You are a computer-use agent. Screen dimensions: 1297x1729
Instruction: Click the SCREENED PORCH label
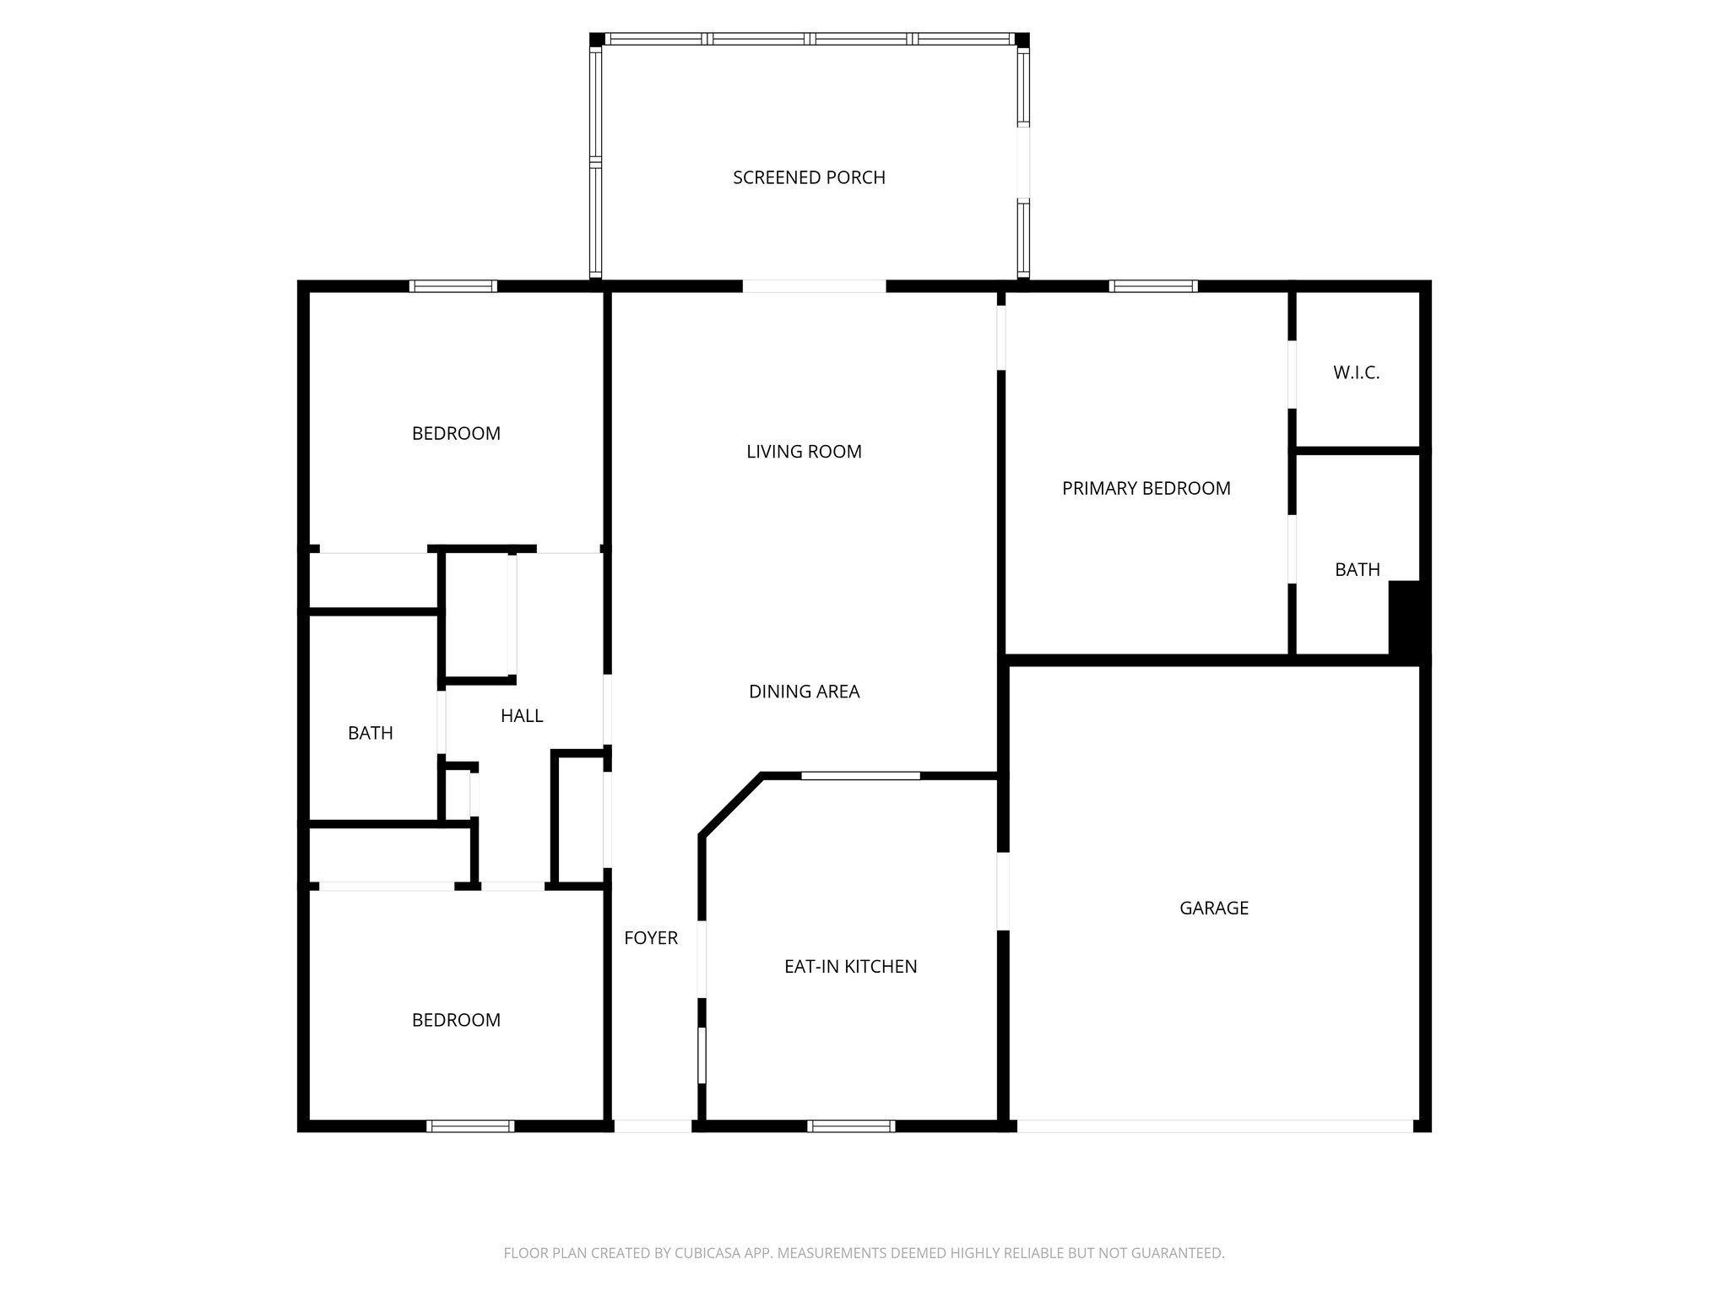coord(809,177)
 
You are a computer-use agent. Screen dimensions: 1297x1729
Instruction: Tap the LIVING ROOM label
coord(804,452)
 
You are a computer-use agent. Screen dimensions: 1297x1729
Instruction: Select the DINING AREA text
coord(804,692)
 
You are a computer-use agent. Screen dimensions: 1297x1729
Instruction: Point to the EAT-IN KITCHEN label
coord(850,967)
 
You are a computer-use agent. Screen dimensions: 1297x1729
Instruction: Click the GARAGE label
coord(1213,908)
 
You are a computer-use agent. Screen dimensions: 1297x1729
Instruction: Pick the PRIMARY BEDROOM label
coord(1146,488)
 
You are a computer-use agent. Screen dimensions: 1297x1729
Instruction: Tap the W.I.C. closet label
coord(1356,372)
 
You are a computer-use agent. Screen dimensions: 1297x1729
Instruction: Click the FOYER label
coord(650,937)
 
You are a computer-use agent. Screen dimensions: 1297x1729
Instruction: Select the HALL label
coord(521,716)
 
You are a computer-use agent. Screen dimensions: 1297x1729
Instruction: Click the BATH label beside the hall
coord(370,733)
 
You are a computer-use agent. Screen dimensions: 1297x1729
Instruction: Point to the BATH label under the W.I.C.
coord(1357,570)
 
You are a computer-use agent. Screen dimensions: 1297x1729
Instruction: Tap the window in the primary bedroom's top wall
coord(1152,286)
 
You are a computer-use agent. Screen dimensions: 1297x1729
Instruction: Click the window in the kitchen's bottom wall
coord(850,1126)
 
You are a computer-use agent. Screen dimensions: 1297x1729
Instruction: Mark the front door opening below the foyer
coord(652,1126)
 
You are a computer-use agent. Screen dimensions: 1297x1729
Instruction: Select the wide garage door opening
coord(1214,1126)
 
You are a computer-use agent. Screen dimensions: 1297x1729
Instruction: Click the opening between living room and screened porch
coord(814,286)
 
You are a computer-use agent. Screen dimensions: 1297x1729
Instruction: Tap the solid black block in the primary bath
coord(1404,617)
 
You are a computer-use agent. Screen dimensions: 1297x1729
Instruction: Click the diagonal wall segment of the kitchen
coord(731,805)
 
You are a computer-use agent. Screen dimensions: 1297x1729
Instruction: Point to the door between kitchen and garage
coord(1003,892)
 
